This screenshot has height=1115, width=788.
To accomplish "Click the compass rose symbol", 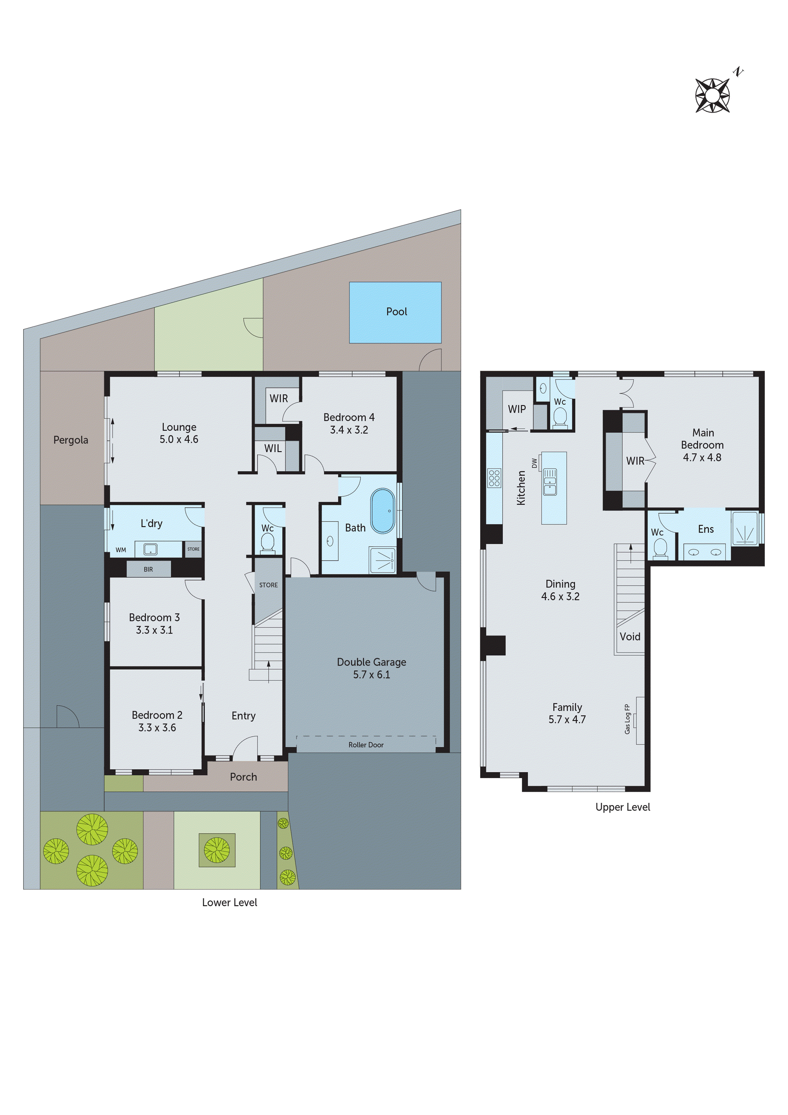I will tap(712, 95).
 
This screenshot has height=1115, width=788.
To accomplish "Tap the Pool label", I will tap(396, 312).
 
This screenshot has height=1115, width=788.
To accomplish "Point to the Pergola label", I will tap(71, 440).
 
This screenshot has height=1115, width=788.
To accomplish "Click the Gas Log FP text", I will tap(627, 719).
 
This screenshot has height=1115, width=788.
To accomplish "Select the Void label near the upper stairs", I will tap(630, 637).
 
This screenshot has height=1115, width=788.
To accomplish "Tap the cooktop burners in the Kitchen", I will tap(494, 478).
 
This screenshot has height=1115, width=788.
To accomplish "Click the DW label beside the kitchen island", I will tap(534, 463).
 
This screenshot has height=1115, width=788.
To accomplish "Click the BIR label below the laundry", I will tap(148, 569).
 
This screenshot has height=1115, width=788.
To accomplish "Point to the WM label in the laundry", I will tap(121, 550).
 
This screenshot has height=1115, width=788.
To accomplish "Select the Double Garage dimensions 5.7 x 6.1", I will tap(371, 674).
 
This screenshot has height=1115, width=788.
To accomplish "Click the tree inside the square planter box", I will tap(217, 850).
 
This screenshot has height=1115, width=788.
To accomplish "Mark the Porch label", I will tap(243, 777).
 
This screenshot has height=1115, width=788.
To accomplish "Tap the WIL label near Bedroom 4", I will tap(273, 448).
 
